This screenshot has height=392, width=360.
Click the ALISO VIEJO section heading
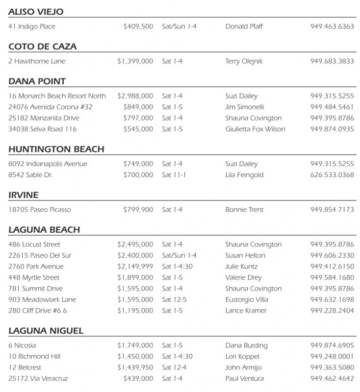(x=36, y=12)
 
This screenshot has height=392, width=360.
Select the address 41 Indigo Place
(x=32, y=26)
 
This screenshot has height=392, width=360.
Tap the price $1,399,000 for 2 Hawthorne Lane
(x=135, y=61)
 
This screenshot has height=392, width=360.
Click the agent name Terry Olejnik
(x=243, y=61)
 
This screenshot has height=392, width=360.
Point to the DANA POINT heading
(x=37, y=81)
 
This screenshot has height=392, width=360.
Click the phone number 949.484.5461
(x=332, y=107)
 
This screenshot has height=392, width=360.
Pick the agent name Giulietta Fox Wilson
(x=255, y=129)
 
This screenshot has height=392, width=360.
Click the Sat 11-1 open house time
(x=174, y=175)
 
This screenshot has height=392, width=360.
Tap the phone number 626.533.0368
(x=332, y=175)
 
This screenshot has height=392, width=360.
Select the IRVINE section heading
(x=23, y=195)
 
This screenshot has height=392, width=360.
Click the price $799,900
(x=138, y=210)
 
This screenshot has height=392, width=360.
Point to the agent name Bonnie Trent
(x=244, y=210)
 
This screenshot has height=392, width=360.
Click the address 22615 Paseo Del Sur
(x=40, y=255)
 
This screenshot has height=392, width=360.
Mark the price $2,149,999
(x=135, y=267)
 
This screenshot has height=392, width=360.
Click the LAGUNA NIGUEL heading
(x=46, y=331)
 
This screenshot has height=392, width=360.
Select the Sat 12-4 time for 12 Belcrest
(x=174, y=367)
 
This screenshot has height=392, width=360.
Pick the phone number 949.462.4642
(x=332, y=378)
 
